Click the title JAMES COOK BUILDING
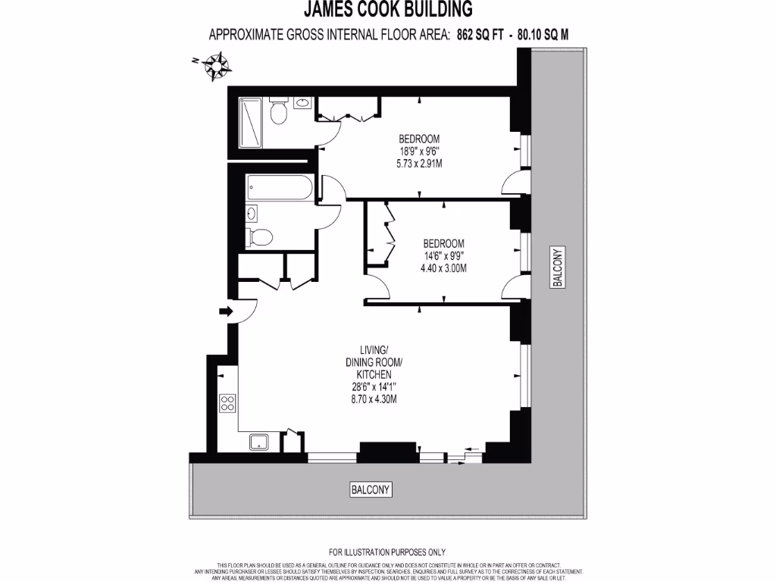tap(388, 9)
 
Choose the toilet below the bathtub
tap(260, 236)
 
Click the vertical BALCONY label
tap(557, 268)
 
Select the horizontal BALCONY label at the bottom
tap(371, 490)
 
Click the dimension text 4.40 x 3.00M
tap(443, 268)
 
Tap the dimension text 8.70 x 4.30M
tap(374, 399)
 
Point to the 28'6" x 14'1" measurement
tap(374, 386)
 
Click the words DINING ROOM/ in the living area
tap(374, 362)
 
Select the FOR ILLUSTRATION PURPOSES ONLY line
tap(387, 552)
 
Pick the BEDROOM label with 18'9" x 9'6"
tap(419, 139)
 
